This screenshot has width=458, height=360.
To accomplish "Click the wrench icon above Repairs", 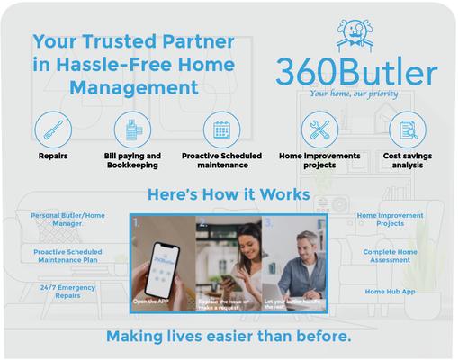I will click(52, 130).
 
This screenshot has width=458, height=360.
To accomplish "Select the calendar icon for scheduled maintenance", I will click(221, 130).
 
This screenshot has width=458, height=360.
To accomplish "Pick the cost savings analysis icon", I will click(407, 130).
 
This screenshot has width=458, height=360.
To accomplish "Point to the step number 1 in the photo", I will click(136, 221).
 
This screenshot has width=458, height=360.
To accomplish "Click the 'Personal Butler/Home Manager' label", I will click(67, 220).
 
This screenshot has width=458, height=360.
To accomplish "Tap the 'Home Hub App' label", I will click(391, 292).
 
